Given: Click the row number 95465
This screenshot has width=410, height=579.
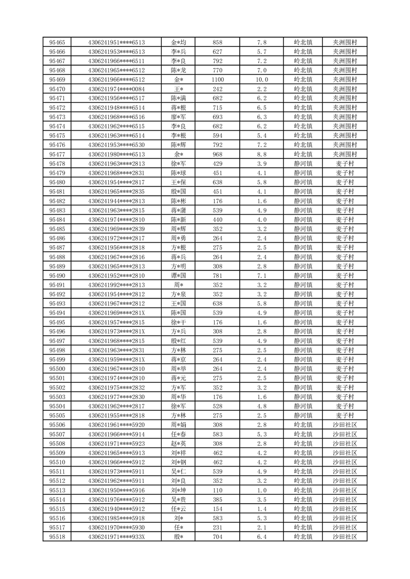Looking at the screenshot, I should (57, 42).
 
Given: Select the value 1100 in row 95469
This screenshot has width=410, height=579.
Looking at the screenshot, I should (217, 79).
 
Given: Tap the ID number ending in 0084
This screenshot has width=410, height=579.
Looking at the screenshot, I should (117, 89).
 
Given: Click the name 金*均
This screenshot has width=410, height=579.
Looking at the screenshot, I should (179, 42).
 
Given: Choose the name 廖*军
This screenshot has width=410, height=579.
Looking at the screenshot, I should (179, 117).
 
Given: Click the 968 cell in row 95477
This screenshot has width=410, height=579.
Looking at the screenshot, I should (217, 154).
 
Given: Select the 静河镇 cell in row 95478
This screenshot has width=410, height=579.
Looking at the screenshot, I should (303, 164).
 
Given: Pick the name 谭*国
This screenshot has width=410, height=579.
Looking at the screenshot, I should (179, 276).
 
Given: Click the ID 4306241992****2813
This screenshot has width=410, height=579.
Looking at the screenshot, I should (117, 285).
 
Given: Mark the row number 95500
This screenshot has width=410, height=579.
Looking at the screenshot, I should (57, 369).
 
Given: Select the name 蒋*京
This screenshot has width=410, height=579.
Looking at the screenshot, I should (179, 360).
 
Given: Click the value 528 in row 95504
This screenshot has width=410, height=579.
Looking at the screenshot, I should (217, 406).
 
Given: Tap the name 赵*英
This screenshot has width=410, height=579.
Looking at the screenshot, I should (179, 443).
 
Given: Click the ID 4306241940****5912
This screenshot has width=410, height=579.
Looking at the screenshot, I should (117, 509).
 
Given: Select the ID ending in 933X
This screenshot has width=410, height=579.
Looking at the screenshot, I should (117, 537).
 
